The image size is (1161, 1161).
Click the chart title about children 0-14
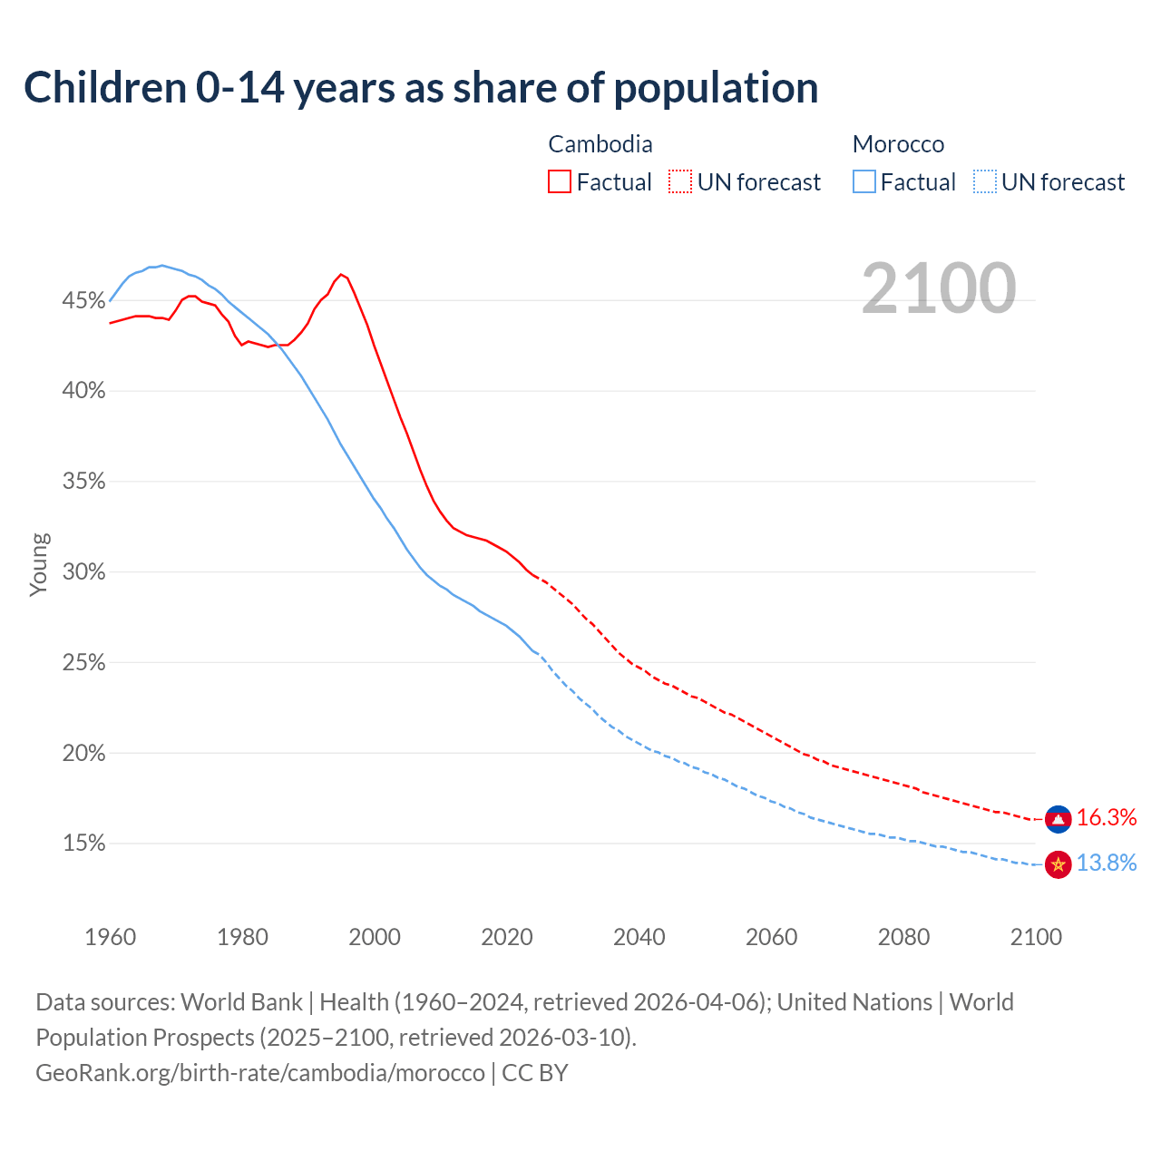click(x=421, y=88)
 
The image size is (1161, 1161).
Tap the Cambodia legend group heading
click(x=600, y=144)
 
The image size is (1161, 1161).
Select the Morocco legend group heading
click(x=898, y=144)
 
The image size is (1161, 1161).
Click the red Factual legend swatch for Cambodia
click(x=560, y=182)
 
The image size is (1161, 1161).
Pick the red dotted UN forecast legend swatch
click(x=680, y=182)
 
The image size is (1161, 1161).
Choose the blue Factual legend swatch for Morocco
click(x=864, y=182)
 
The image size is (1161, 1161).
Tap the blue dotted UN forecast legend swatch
click(x=985, y=182)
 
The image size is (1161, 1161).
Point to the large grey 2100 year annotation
click(x=939, y=288)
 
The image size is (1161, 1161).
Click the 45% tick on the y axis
click(x=83, y=300)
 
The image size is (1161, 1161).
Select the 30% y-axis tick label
click(x=83, y=572)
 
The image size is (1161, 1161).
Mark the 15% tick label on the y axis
click(x=83, y=844)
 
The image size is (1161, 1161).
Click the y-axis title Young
click(x=39, y=564)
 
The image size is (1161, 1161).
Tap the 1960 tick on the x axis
click(x=111, y=937)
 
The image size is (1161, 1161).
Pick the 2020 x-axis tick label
click(x=507, y=937)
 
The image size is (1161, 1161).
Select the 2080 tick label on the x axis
click(x=903, y=937)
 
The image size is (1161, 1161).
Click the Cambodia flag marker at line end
click(x=1059, y=819)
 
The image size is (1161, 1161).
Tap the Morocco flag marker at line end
click(x=1059, y=864)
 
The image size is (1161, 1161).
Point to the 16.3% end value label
click(x=1107, y=818)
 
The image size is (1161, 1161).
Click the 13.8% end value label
click(x=1107, y=863)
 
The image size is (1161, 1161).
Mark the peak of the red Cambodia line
click(x=341, y=274)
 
